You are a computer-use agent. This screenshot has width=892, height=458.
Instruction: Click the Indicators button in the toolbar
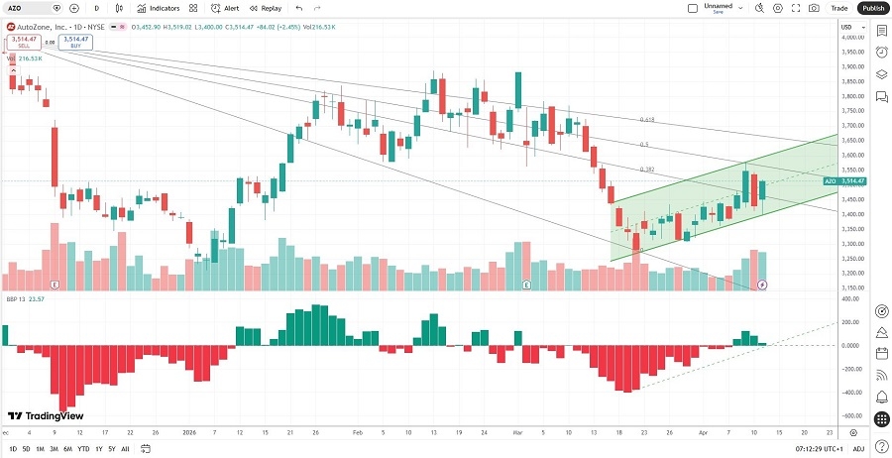[x=159, y=8]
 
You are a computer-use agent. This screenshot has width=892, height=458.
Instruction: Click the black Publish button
[x=872, y=8]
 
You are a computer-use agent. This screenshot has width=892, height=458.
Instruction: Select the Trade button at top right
[x=839, y=8]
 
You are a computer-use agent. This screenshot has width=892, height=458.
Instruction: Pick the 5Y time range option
[x=111, y=449]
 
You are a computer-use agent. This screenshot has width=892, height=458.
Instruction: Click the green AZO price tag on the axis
[x=843, y=181]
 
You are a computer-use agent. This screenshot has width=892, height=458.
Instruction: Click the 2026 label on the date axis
[x=188, y=433]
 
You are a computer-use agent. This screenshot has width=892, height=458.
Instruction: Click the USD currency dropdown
[x=847, y=26]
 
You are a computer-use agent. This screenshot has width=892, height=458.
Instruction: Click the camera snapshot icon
[x=814, y=8]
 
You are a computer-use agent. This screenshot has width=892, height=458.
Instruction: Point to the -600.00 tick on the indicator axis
[x=851, y=416]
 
